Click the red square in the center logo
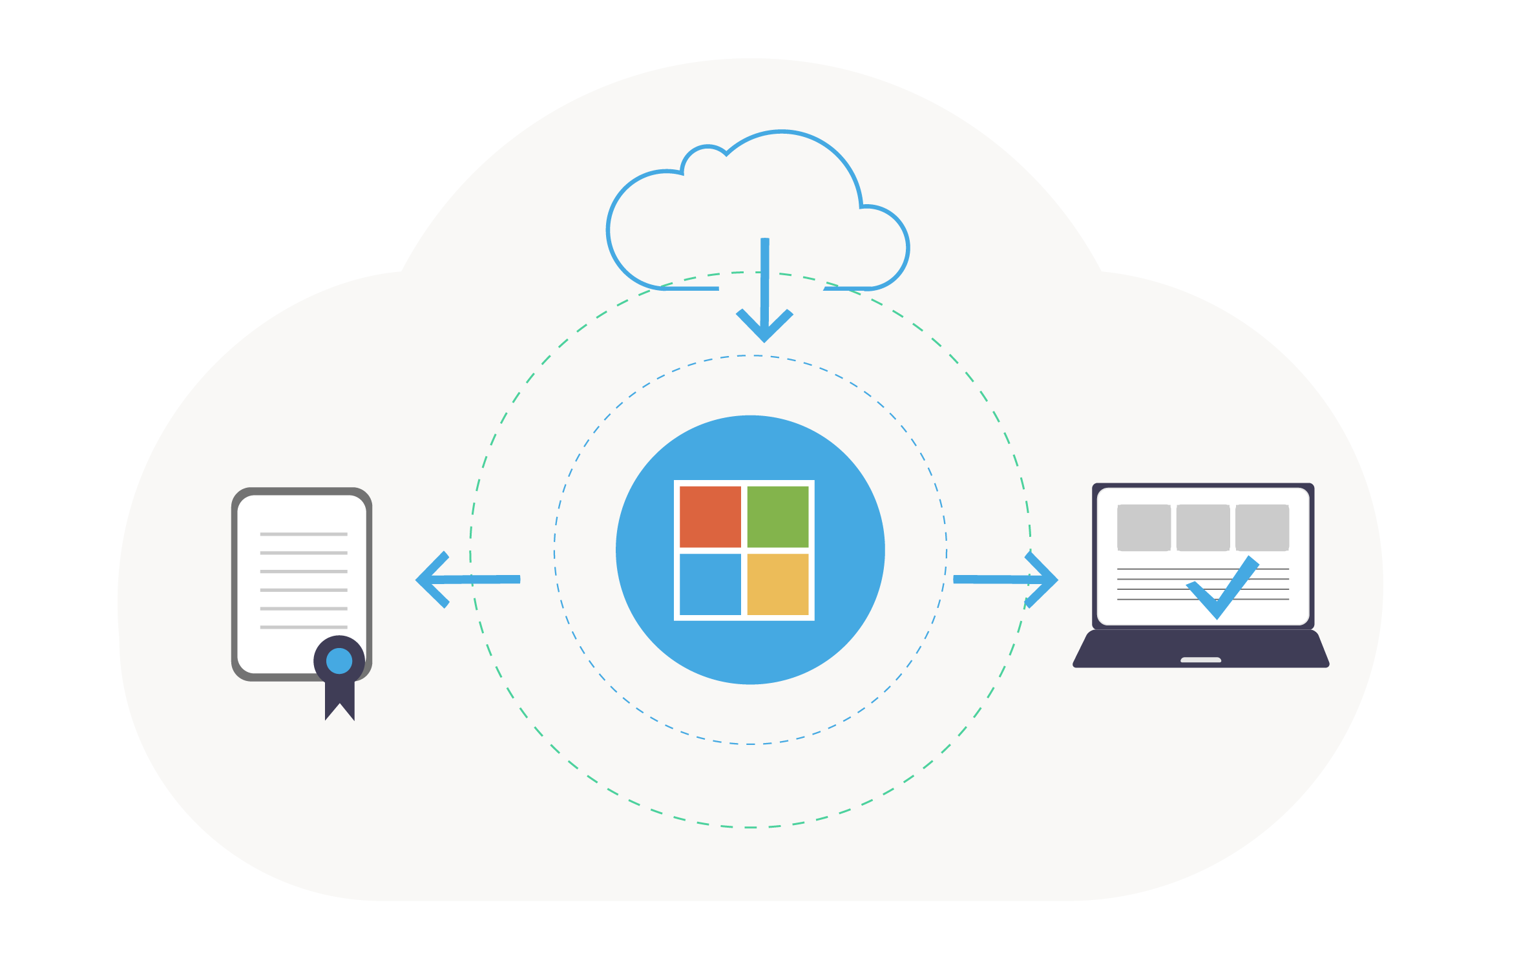710,517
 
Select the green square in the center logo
778,517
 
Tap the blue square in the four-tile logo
710,584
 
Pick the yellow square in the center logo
778,584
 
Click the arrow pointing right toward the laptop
1005,580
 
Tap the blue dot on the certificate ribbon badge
339,661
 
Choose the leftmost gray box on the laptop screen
1144,528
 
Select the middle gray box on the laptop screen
1203,528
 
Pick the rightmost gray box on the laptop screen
1262,528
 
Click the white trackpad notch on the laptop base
1200,660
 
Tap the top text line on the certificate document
304,534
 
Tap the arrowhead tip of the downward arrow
765,339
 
